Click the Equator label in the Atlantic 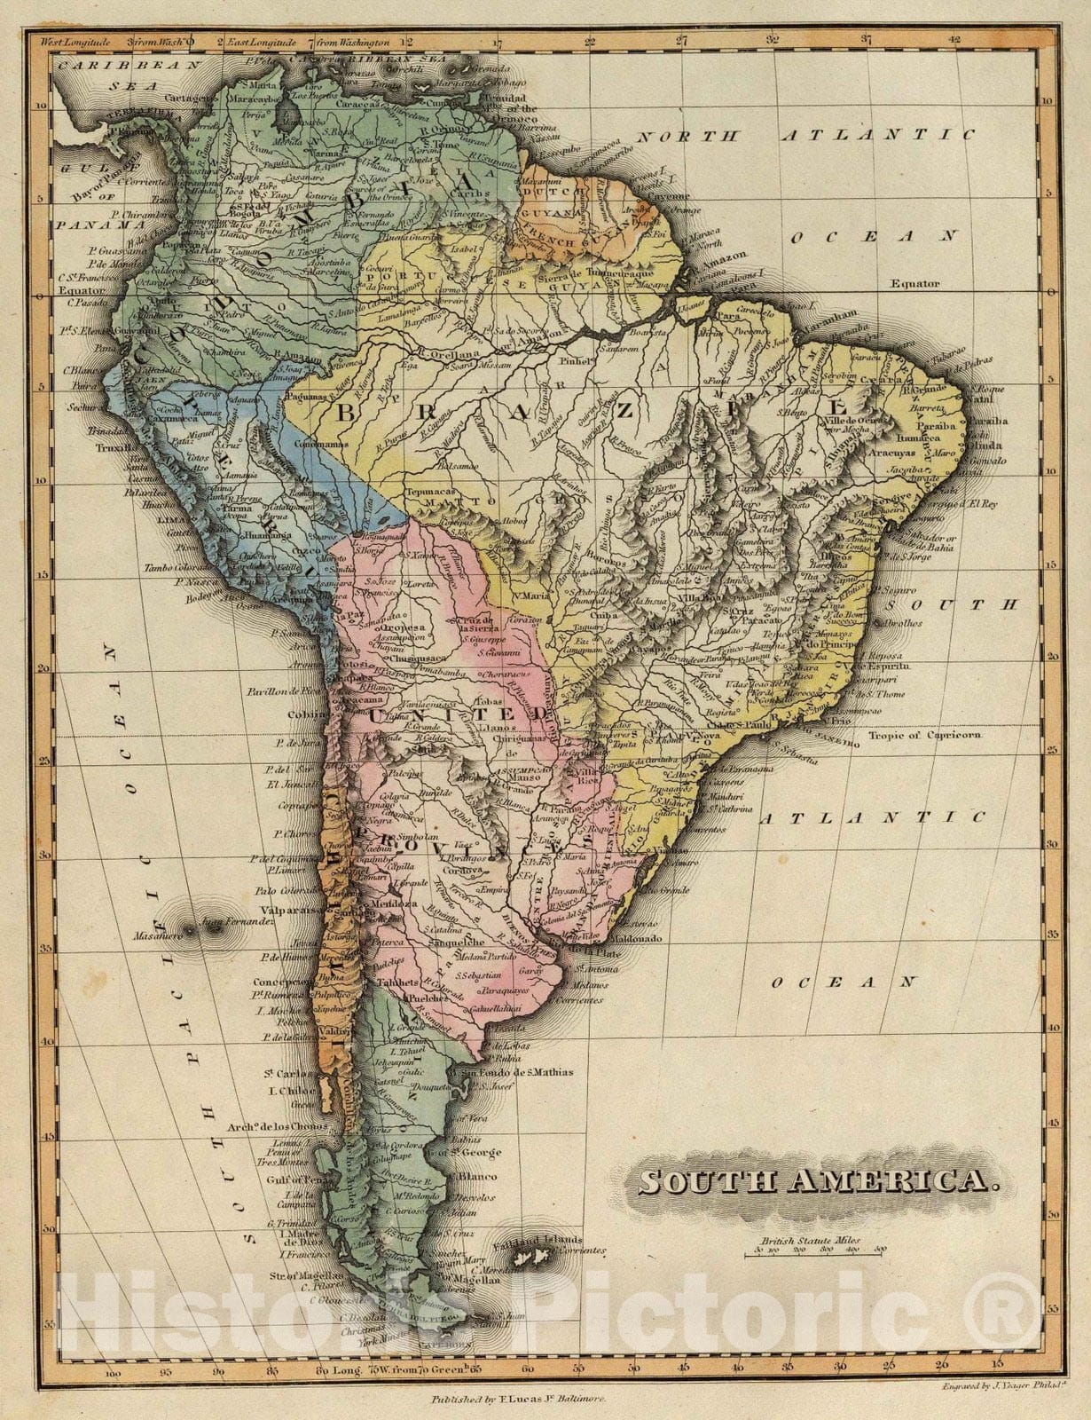coord(916,284)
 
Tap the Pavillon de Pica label coord(288,690)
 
